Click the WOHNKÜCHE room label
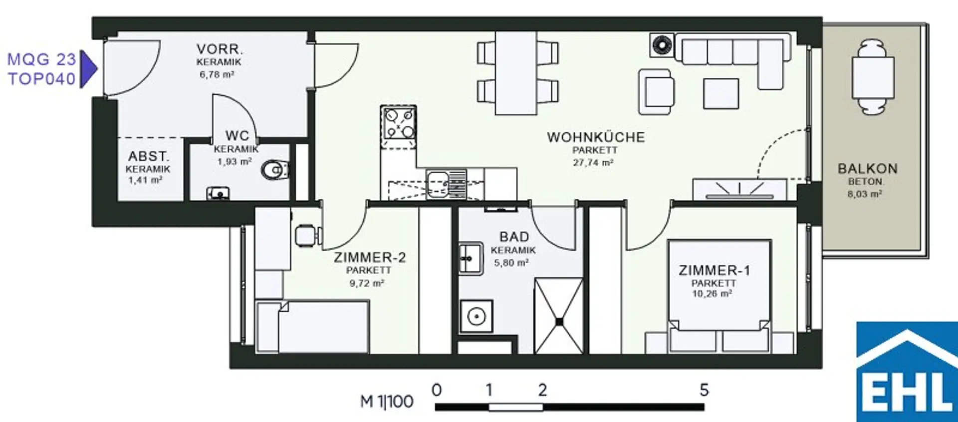click(596, 137)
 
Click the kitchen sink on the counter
click(446, 183)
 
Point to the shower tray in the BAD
click(558, 316)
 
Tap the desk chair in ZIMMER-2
click(307, 236)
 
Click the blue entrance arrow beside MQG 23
click(88, 69)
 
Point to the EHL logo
click(907, 372)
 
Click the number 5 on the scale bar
click(704, 390)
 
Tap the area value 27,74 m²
click(593, 162)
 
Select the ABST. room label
click(148, 156)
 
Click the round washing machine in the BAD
click(477, 316)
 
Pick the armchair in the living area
click(657, 91)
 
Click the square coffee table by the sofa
click(721, 93)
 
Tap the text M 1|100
click(387, 402)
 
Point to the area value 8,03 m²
click(864, 194)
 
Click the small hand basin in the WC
click(218, 193)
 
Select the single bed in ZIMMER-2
click(312, 327)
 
